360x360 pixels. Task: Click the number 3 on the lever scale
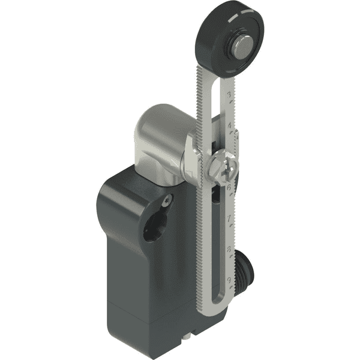pos(230,95)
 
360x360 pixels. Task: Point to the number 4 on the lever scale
pos(230,126)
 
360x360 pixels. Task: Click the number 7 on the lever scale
pos(230,217)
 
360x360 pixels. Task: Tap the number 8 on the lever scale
pos(230,247)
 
